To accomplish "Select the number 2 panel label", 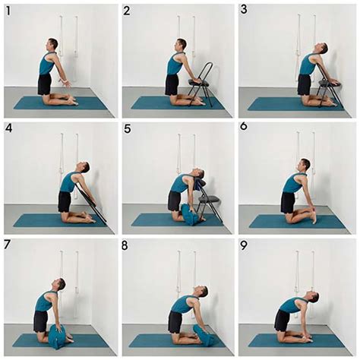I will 128,11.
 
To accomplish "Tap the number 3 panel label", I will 245,10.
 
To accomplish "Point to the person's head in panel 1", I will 53,45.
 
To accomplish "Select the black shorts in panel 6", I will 287,201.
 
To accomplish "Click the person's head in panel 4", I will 83,167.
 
